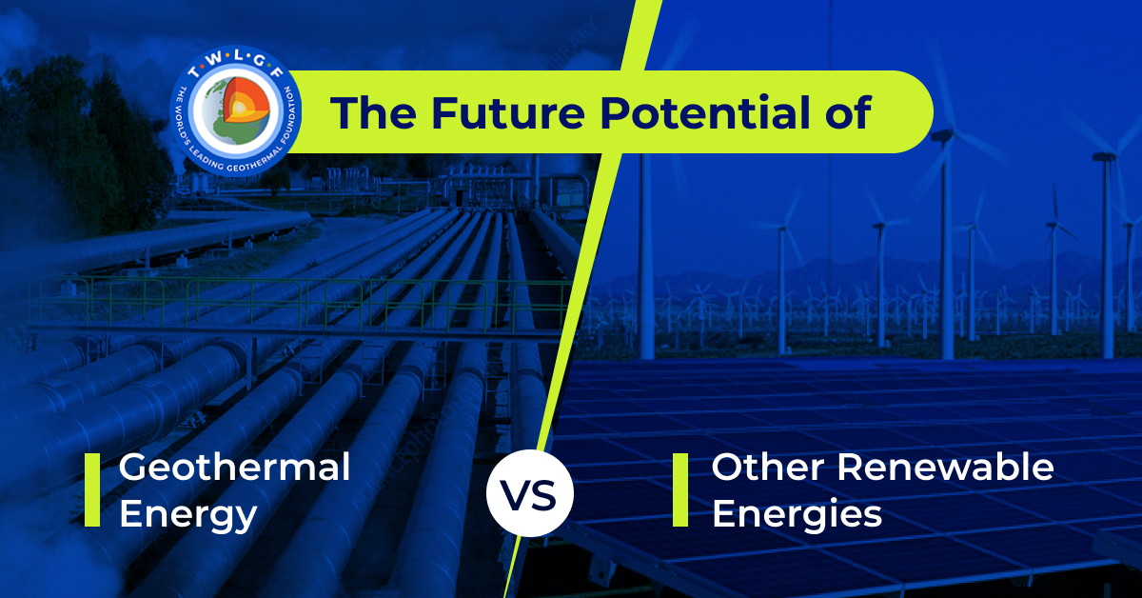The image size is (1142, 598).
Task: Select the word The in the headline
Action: [373, 112]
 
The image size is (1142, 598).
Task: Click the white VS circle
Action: [530, 493]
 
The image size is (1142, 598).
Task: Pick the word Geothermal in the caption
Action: [234, 468]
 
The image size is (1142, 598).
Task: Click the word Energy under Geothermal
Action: [188, 515]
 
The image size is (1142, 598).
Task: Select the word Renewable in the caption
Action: [945, 468]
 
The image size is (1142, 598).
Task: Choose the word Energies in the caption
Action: [797, 514]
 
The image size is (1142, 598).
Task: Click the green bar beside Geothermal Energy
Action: [92, 489]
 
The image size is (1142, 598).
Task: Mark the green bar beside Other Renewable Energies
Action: [680, 489]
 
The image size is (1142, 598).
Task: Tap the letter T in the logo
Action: [194, 70]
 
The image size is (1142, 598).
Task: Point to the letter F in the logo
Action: [277, 70]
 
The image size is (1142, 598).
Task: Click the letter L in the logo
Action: [238, 55]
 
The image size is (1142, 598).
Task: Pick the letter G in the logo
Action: [259, 60]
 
